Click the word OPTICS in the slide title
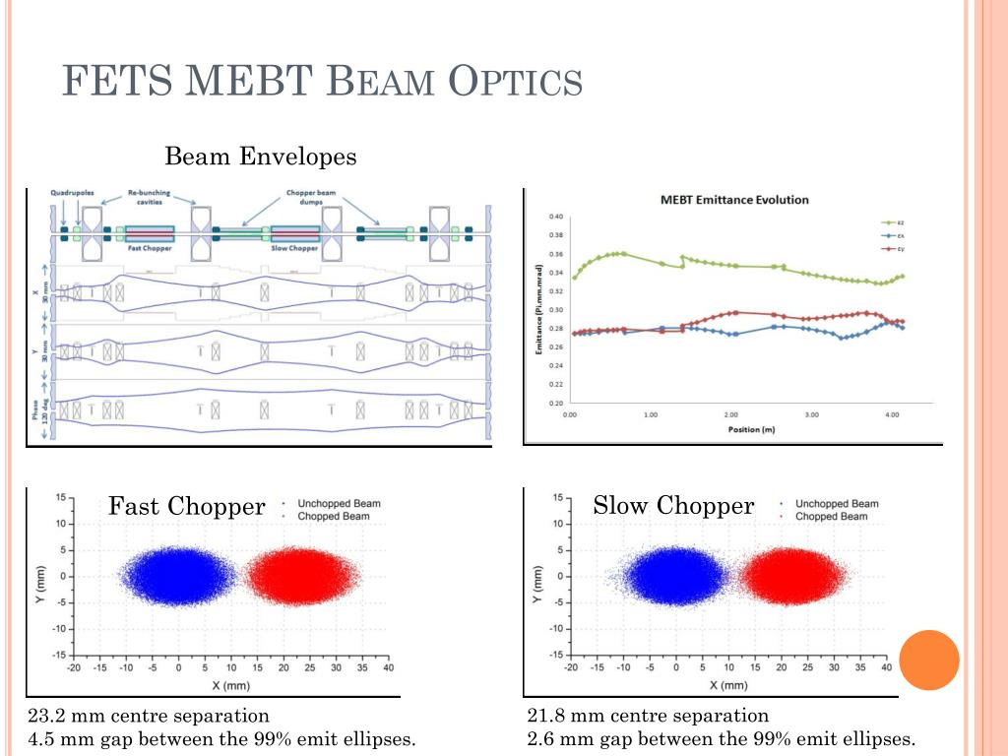click(515, 81)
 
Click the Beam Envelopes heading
click(260, 157)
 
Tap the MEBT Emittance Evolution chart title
click(734, 200)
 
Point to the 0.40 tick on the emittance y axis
click(556, 217)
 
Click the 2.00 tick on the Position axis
click(730, 415)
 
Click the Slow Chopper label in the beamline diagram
click(294, 247)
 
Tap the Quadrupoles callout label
click(72, 193)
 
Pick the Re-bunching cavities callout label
click(151, 197)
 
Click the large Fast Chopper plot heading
click(186, 506)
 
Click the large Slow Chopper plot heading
click(673, 506)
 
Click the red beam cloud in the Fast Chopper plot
click(294, 576)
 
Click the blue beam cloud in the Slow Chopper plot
click(676, 576)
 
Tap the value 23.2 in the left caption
click(45, 716)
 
